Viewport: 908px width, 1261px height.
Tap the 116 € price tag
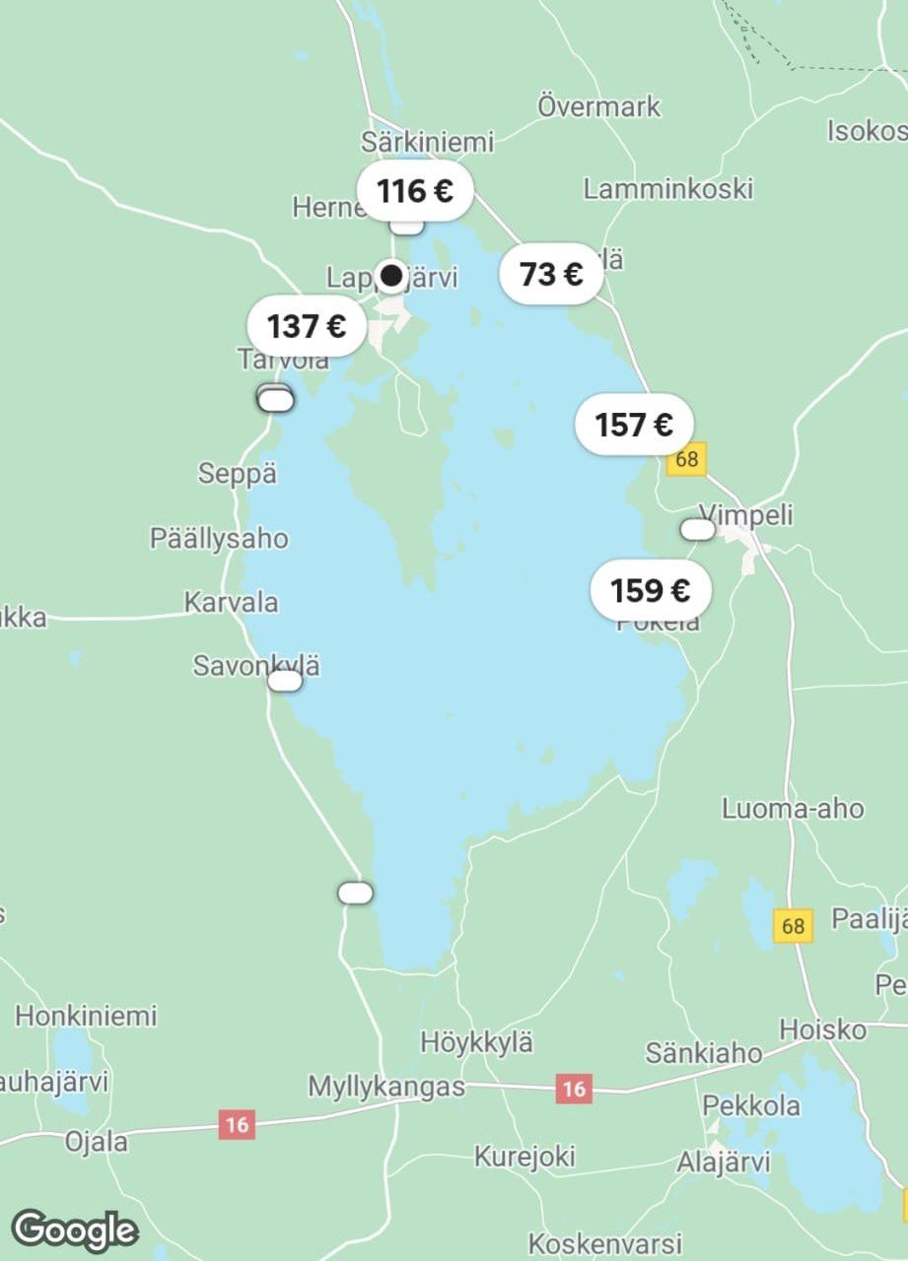tap(415, 190)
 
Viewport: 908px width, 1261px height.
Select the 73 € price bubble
tap(551, 274)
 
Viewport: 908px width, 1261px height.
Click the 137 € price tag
tap(307, 325)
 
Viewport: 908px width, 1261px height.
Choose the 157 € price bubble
tap(634, 425)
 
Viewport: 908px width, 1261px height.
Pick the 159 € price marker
tap(650, 590)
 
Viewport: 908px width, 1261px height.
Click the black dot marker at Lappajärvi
tap(392, 275)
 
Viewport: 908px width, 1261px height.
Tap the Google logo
tap(75, 1230)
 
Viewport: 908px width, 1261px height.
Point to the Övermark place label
tap(598, 105)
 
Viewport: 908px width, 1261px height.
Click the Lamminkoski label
tap(667, 188)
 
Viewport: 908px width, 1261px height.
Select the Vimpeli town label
tap(745, 514)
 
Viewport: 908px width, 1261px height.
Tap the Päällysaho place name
tap(219, 539)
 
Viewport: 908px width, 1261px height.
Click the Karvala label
tap(231, 602)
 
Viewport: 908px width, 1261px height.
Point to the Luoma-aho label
tap(793, 809)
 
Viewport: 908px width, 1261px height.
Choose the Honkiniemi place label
tap(86, 1015)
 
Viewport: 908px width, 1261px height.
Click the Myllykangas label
tap(386, 1087)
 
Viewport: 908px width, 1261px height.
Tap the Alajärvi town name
tap(723, 1162)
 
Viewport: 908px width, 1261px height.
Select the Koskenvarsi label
tap(604, 1242)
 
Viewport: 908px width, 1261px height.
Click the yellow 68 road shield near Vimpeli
tap(687, 459)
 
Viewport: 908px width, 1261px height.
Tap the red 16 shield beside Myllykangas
tap(574, 1089)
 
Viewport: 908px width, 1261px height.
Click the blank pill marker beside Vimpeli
tap(698, 530)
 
